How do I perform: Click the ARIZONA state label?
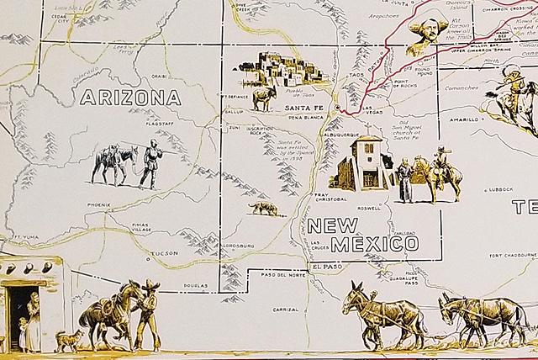pos(130,98)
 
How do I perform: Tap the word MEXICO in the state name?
pos(374,244)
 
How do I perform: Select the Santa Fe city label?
pos(303,109)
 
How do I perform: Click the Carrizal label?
pos(285,308)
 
